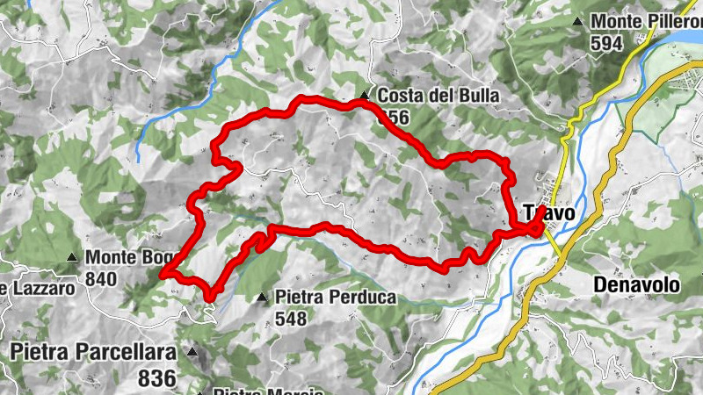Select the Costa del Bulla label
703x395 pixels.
(x=439, y=96)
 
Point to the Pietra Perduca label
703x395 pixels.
(x=336, y=298)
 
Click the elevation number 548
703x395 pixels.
(x=291, y=318)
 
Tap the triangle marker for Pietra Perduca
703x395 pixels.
(x=262, y=298)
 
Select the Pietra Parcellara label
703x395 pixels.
(x=92, y=352)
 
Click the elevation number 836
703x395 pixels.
(x=157, y=378)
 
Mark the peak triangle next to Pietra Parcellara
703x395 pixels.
(x=193, y=352)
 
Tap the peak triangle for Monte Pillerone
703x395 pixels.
(x=577, y=21)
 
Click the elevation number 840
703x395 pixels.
(x=103, y=278)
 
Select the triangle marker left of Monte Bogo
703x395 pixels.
(x=72, y=258)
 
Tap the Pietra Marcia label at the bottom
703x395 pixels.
(x=255, y=391)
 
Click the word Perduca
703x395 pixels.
(x=361, y=298)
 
